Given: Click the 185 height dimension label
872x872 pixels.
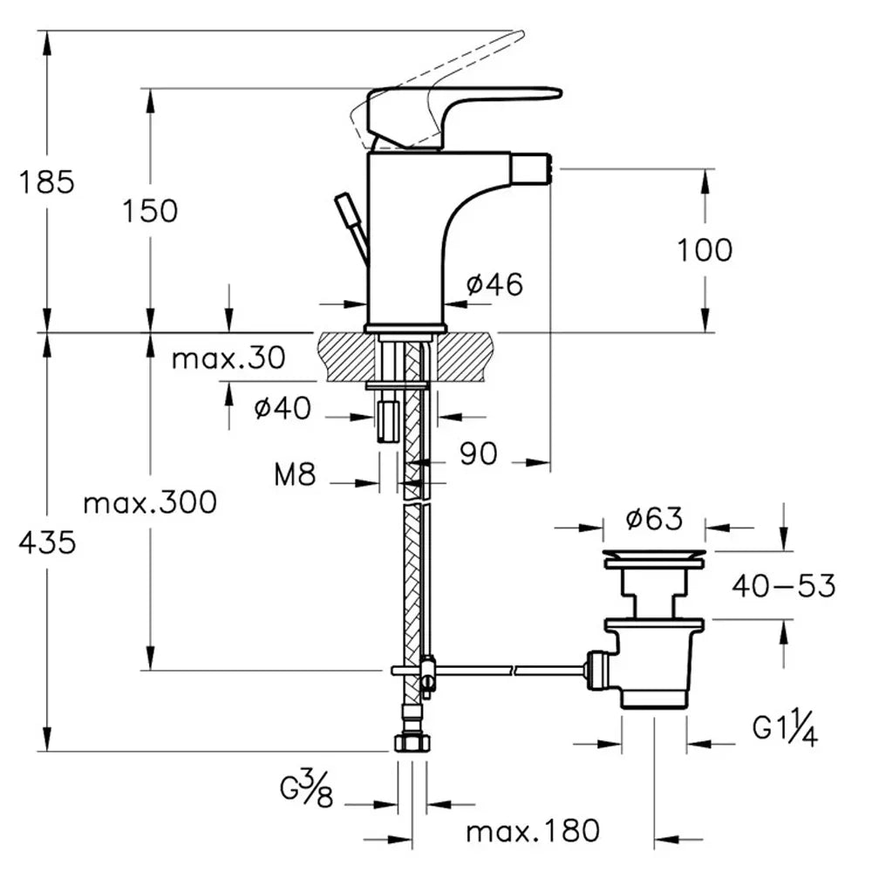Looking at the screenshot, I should pyautogui.click(x=49, y=183).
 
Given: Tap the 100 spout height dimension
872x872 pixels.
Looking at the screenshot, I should pyautogui.click(x=705, y=250).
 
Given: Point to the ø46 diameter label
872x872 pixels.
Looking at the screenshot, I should pyautogui.click(x=495, y=283).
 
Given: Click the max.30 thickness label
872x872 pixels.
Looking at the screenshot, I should pyautogui.click(x=228, y=358).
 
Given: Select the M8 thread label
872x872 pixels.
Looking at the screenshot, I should pyautogui.click(x=295, y=475).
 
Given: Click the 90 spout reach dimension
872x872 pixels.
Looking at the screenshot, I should pyautogui.click(x=479, y=453).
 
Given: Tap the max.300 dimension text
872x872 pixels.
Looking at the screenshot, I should pyautogui.click(x=150, y=502).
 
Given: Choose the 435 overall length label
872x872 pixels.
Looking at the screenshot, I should pyautogui.click(x=48, y=543).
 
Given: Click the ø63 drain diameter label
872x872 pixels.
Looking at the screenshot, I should pyautogui.click(x=654, y=520).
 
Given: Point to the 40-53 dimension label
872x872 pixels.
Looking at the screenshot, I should pyautogui.click(x=784, y=586).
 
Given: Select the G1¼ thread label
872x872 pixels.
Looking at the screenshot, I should pyautogui.click(x=785, y=731).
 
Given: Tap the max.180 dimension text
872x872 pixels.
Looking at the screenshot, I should pyautogui.click(x=533, y=830).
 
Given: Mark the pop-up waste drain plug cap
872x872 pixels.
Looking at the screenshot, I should pyautogui.click(x=654, y=555).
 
